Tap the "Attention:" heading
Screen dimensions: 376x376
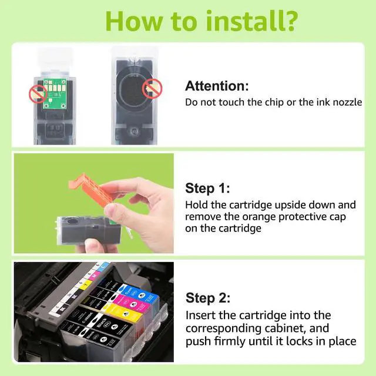tap(217, 86)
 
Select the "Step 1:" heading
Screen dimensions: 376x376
tap(207, 188)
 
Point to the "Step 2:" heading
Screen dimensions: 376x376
tap(208, 298)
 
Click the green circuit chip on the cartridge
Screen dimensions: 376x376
tap(55, 93)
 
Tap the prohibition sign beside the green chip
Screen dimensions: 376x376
tap(38, 94)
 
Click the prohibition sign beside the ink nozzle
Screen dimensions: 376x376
tap(152, 89)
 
